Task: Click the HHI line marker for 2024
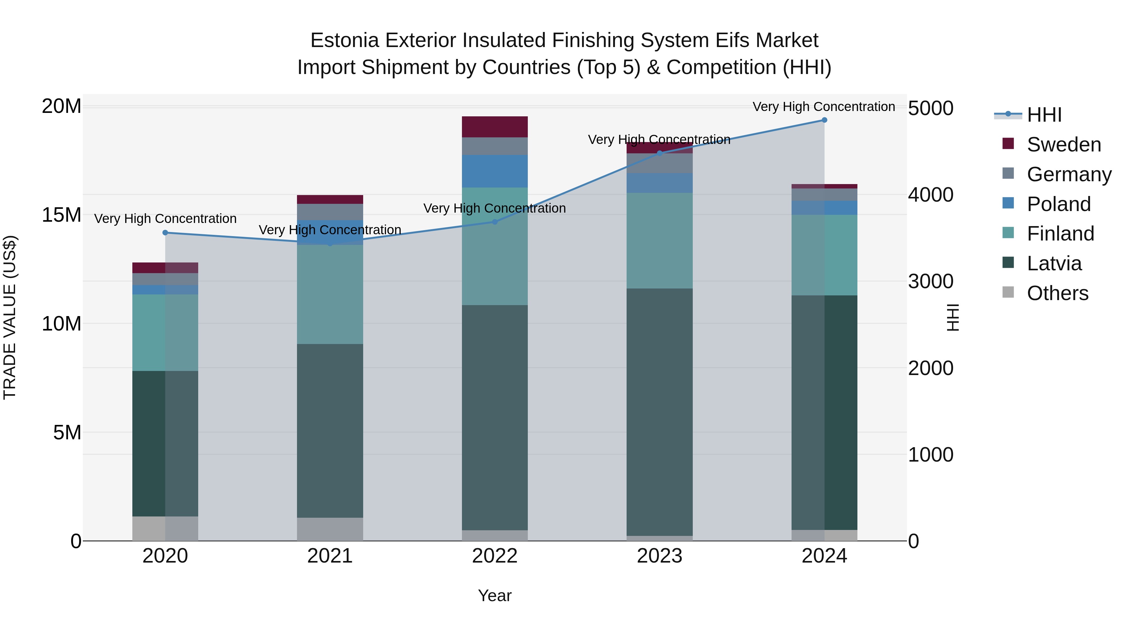point(824,120)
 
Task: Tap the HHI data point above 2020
point(165,233)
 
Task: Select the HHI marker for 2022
point(495,222)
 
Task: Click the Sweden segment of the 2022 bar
point(495,127)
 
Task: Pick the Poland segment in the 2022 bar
point(495,171)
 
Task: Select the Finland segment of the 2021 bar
point(330,294)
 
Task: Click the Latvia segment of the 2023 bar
point(660,412)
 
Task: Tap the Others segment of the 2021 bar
point(330,529)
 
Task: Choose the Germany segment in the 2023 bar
point(660,163)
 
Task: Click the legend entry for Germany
point(1068,174)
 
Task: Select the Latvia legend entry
point(1054,263)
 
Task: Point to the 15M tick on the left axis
point(61,215)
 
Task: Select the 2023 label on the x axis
point(660,556)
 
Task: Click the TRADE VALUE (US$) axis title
point(10,317)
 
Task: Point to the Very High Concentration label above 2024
point(824,107)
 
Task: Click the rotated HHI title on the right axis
point(953,317)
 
